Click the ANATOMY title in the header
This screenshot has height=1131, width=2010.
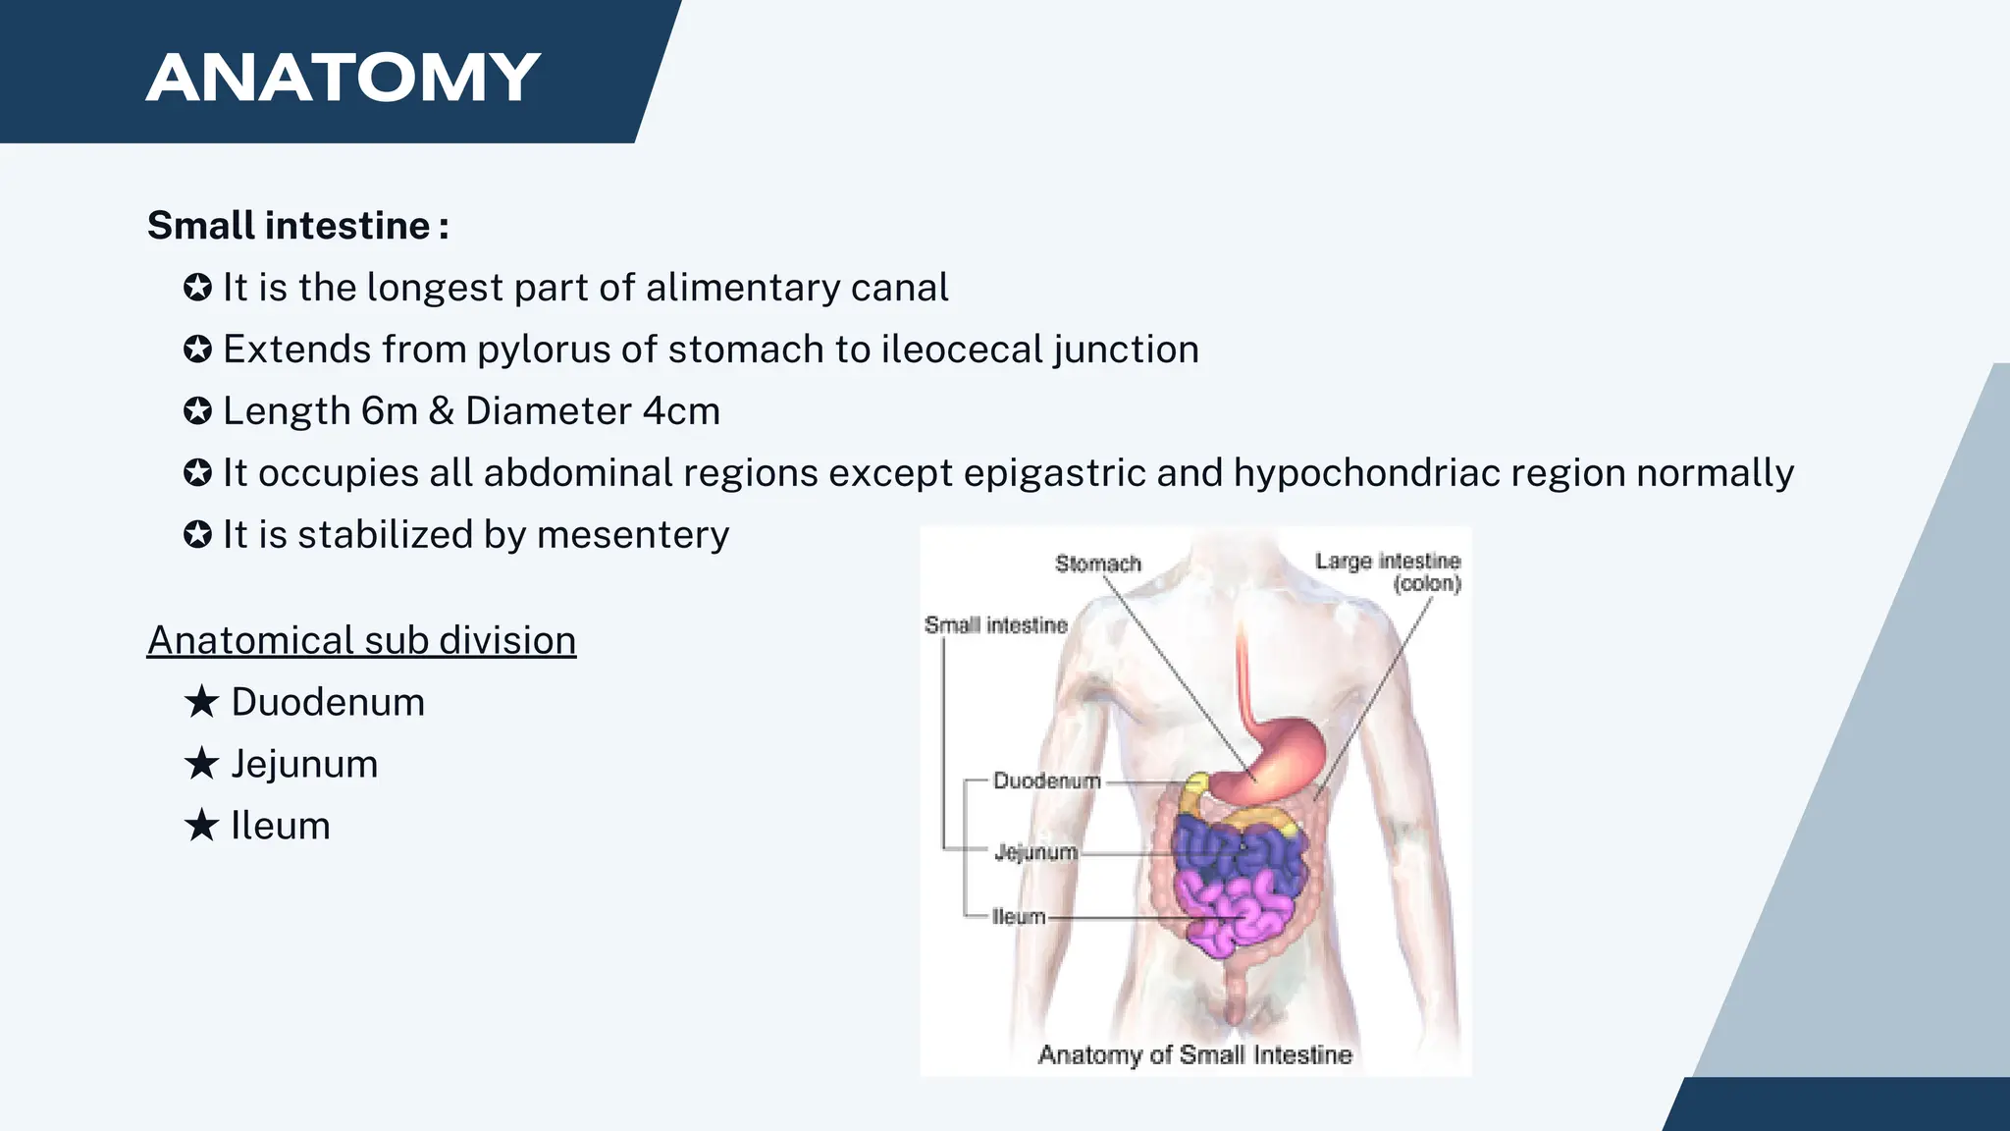pyautogui.click(x=344, y=78)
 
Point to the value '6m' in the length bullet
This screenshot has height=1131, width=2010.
pyautogui.click(x=389, y=411)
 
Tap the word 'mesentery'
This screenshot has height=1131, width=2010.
pyautogui.click(x=633, y=535)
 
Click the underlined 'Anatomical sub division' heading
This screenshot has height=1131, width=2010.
pyautogui.click(x=361, y=640)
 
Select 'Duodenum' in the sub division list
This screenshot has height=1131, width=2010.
pyautogui.click(x=328, y=702)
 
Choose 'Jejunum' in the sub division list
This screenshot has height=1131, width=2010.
pyautogui.click(x=304, y=764)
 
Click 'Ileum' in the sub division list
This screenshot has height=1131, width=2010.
pyautogui.click(x=281, y=826)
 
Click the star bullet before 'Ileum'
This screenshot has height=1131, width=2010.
pyautogui.click(x=201, y=826)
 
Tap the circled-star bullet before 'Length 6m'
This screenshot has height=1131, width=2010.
pyautogui.click(x=197, y=411)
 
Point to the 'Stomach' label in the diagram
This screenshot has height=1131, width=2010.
pyautogui.click(x=1098, y=564)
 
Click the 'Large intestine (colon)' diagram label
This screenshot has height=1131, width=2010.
pyautogui.click(x=1388, y=572)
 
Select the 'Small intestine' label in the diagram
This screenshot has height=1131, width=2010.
pyautogui.click(x=995, y=625)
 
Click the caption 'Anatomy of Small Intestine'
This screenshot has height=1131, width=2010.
pyautogui.click(x=1194, y=1054)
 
